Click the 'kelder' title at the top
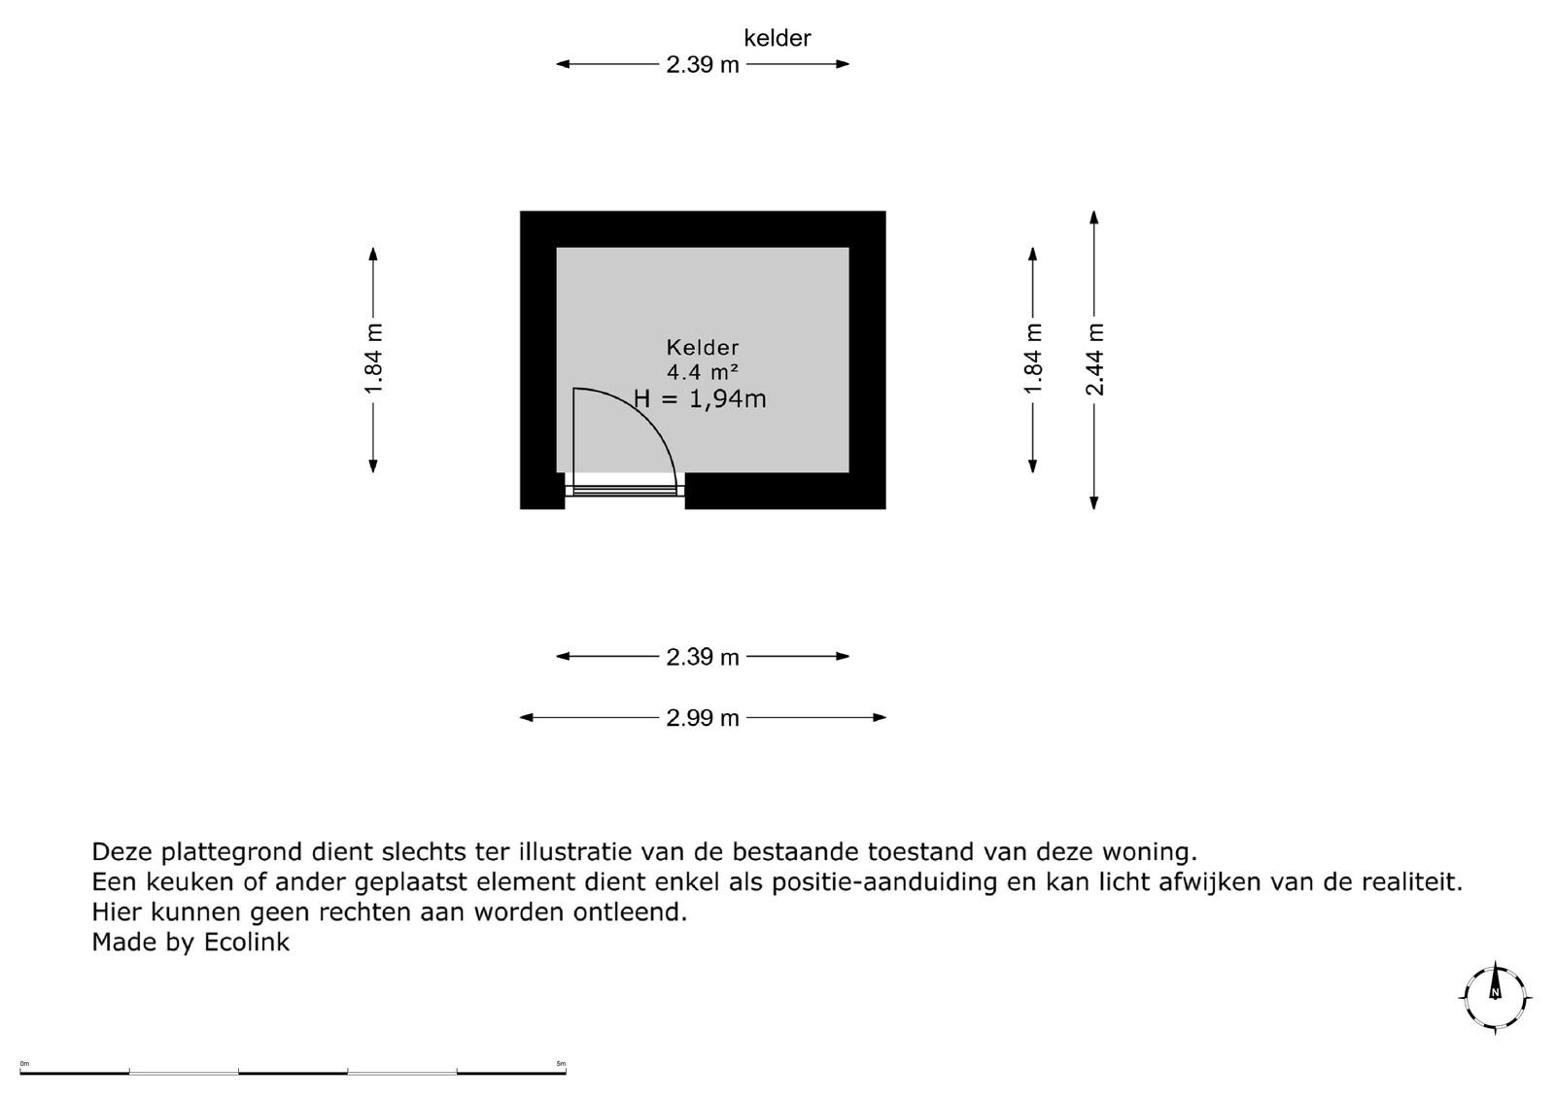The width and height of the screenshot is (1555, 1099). point(777,38)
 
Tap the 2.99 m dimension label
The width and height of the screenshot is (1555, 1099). point(703,718)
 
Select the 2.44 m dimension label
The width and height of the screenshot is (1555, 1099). point(1094,360)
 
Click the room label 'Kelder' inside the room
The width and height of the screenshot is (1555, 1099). point(703,347)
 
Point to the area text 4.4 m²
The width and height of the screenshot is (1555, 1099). point(703,371)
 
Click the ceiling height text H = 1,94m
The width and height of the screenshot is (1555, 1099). point(700,398)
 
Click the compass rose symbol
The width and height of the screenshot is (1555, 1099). point(1496,996)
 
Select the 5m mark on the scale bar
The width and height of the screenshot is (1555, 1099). point(561,1064)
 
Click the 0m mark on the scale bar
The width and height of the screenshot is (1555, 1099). point(24,1064)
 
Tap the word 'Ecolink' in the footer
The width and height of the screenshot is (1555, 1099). point(246,942)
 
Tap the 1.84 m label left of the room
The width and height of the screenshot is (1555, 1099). point(373,360)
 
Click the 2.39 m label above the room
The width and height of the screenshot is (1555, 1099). point(703,65)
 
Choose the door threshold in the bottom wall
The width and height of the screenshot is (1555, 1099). point(625,491)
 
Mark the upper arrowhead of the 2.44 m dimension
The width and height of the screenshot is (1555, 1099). point(1094,218)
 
